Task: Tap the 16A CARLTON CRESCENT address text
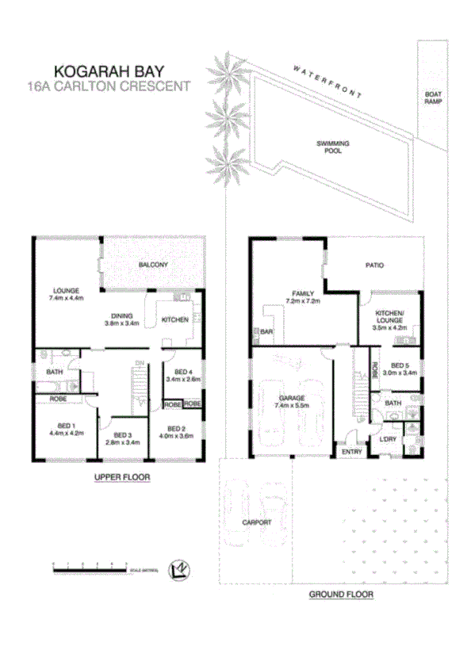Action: click(109, 86)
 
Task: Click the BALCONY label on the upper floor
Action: click(152, 264)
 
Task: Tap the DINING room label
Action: click(121, 319)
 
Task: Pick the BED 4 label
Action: click(184, 375)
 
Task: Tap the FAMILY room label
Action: click(301, 297)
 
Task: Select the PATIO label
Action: click(373, 266)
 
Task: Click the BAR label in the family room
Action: click(266, 332)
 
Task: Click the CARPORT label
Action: click(258, 522)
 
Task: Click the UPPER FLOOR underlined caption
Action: click(121, 477)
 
